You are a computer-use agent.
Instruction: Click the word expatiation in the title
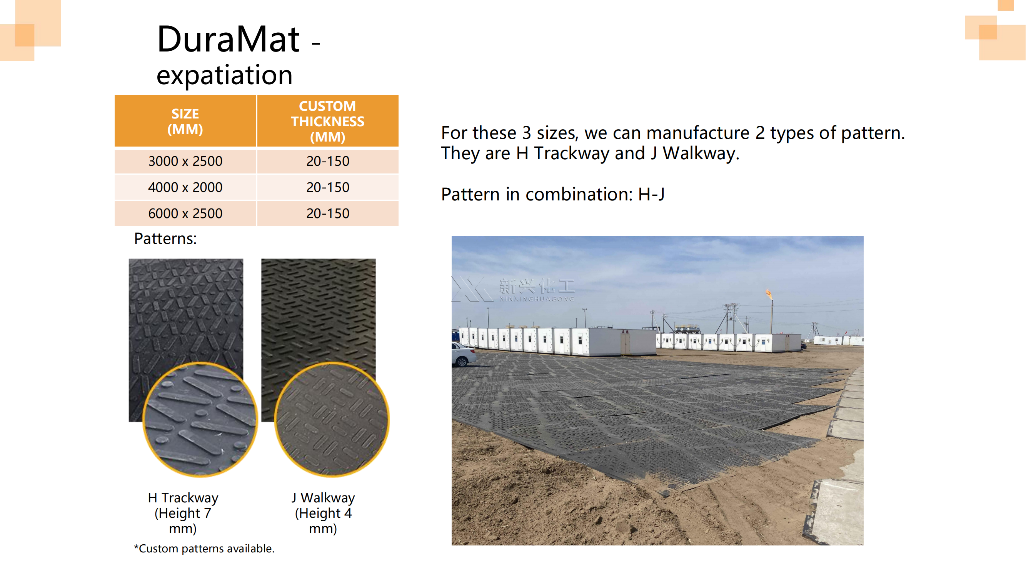[224, 75]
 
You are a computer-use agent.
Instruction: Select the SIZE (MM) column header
[185, 121]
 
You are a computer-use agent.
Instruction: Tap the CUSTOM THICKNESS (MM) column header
[327, 121]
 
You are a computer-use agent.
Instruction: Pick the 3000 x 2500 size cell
[185, 161]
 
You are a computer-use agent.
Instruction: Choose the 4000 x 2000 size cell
[185, 187]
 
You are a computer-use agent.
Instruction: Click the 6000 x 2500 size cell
[185, 213]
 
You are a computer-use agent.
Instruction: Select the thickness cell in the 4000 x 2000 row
[327, 187]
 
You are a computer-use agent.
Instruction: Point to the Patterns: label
[165, 238]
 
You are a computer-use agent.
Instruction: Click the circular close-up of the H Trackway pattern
[200, 419]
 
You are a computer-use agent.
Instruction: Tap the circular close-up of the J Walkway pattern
[332, 419]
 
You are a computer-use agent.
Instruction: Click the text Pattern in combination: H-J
[552, 194]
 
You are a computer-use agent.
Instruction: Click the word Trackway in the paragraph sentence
[571, 153]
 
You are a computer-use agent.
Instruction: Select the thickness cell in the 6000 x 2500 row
[327, 213]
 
